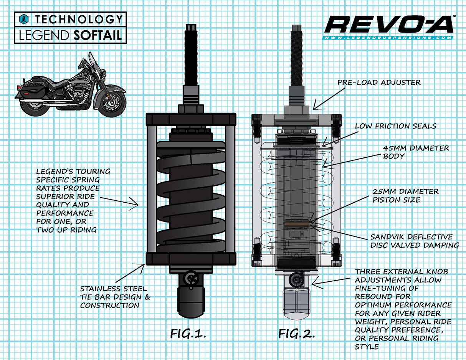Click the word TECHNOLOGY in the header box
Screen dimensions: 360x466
79,19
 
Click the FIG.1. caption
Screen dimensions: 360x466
188,333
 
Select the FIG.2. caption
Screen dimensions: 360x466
296,333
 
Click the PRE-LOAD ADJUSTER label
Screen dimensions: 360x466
379,82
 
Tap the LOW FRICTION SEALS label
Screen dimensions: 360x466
395,126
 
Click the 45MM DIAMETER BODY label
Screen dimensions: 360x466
415,152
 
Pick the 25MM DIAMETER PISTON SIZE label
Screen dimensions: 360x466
405,195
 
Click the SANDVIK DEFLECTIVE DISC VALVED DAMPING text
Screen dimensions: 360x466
414,241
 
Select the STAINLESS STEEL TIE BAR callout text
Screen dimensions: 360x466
115,297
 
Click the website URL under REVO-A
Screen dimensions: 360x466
388,38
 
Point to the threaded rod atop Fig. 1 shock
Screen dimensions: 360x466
192,58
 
